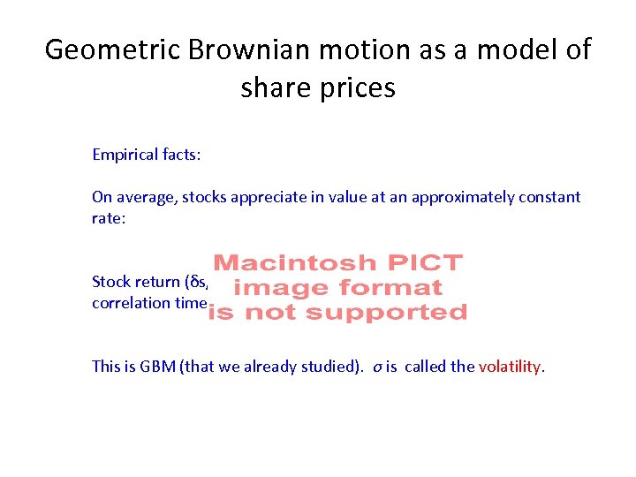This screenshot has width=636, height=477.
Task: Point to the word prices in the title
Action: (360, 88)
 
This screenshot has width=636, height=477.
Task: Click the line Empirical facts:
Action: (147, 155)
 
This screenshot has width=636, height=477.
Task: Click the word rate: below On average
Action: (110, 218)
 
